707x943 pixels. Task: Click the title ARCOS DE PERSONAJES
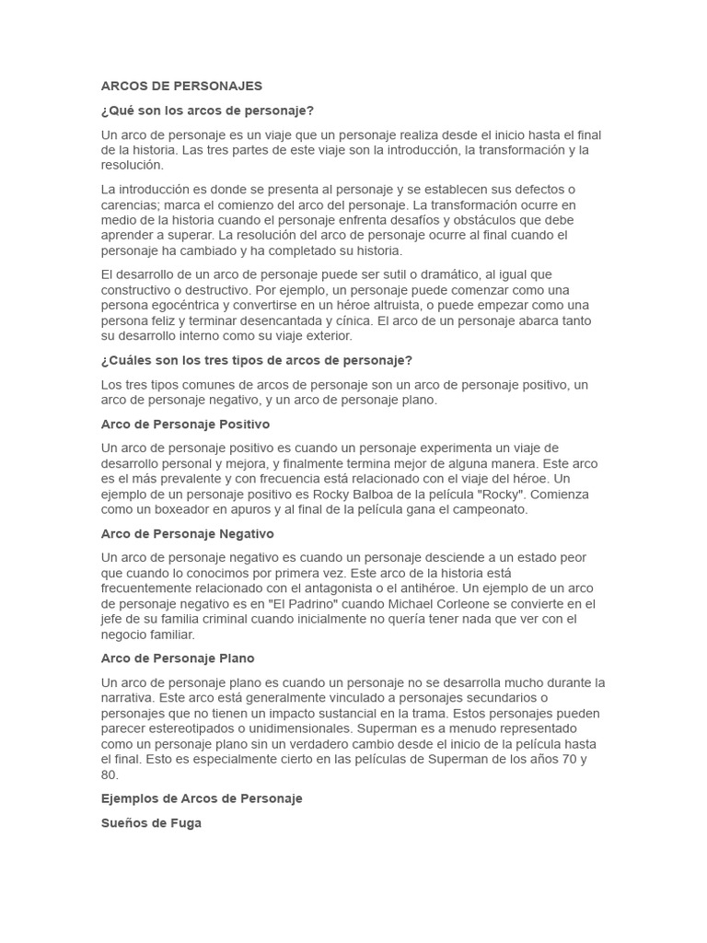[181, 86]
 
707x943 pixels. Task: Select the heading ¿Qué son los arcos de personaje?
[207, 111]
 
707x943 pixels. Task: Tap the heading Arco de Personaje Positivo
[185, 425]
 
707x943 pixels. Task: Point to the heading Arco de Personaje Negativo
[187, 533]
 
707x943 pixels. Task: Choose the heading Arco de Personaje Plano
[178, 658]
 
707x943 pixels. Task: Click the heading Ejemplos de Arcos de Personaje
[202, 798]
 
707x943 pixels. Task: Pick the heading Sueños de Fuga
[151, 823]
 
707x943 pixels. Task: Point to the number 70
[576, 760]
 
